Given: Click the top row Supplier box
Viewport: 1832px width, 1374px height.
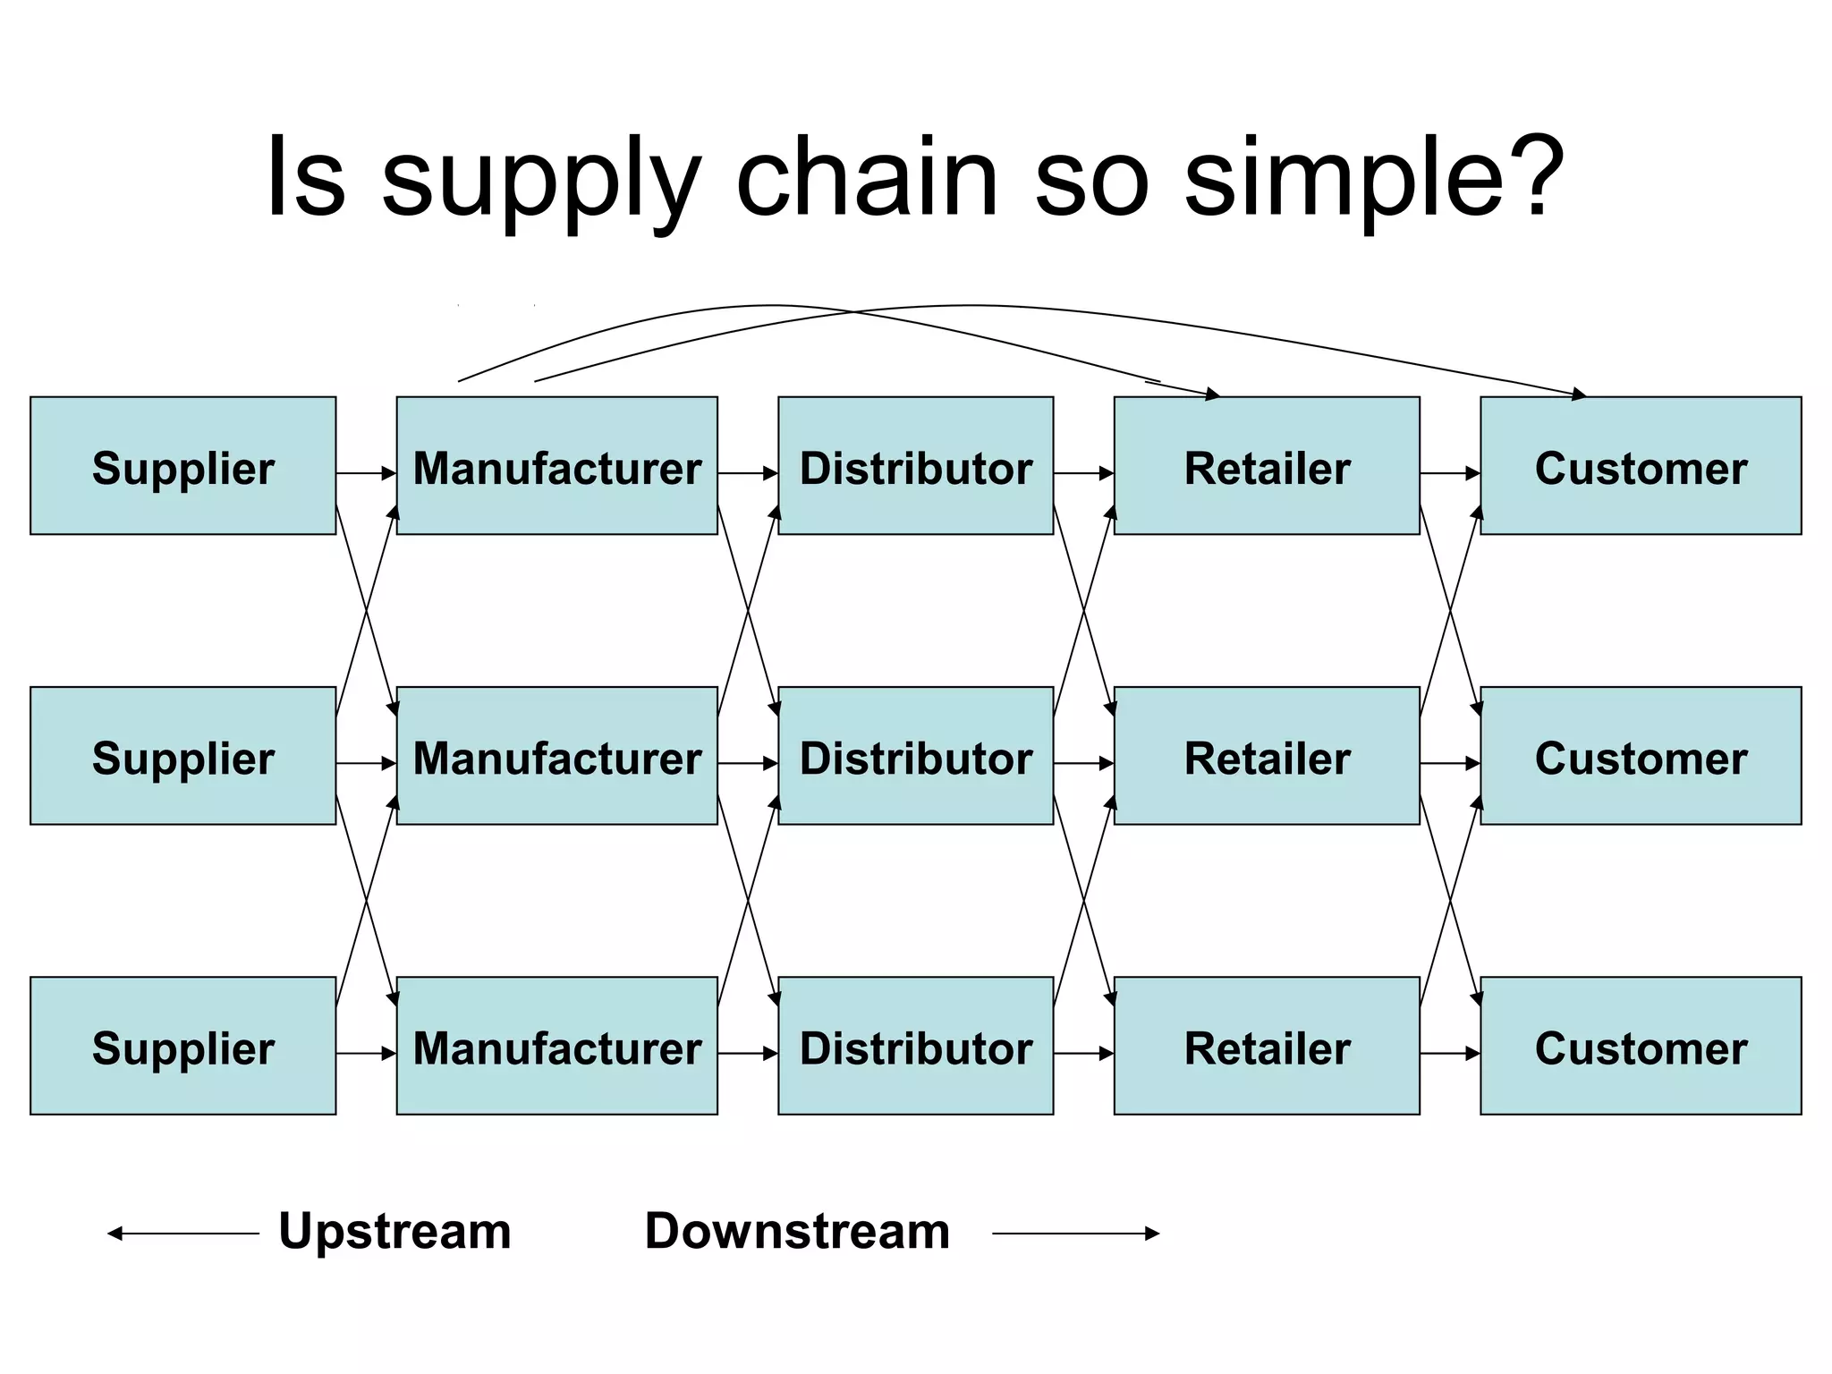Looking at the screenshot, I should [182, 466].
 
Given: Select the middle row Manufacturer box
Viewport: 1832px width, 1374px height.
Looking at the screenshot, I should [556, 756].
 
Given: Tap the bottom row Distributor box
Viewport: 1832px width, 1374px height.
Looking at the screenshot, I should [915, 1046].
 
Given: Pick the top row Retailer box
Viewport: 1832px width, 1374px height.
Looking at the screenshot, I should [1267, 466].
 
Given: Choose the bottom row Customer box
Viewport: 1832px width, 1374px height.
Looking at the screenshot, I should [1641, 1046].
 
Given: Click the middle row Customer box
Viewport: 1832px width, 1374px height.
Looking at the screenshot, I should [1641, 756].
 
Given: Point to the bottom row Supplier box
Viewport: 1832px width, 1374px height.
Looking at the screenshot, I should [182, 1046].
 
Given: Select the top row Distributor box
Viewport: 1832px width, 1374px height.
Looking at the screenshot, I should [915, 466].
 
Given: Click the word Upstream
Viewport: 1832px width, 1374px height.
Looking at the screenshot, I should [394, 1231].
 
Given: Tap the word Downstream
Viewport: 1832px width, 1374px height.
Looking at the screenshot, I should [797, 1231].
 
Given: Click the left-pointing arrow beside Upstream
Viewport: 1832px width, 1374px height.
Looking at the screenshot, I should [182, 1234].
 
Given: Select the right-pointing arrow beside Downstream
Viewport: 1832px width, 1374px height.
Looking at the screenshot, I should [1075, 1234].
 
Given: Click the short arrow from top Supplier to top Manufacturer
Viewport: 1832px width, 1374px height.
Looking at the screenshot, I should [366, 473].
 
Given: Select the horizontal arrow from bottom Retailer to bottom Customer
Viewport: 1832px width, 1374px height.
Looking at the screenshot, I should [1449, 1054].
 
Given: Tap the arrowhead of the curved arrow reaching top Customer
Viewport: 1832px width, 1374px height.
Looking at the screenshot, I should [1579, 393].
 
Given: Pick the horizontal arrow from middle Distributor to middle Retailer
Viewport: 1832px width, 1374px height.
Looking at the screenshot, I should [1083, 764].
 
